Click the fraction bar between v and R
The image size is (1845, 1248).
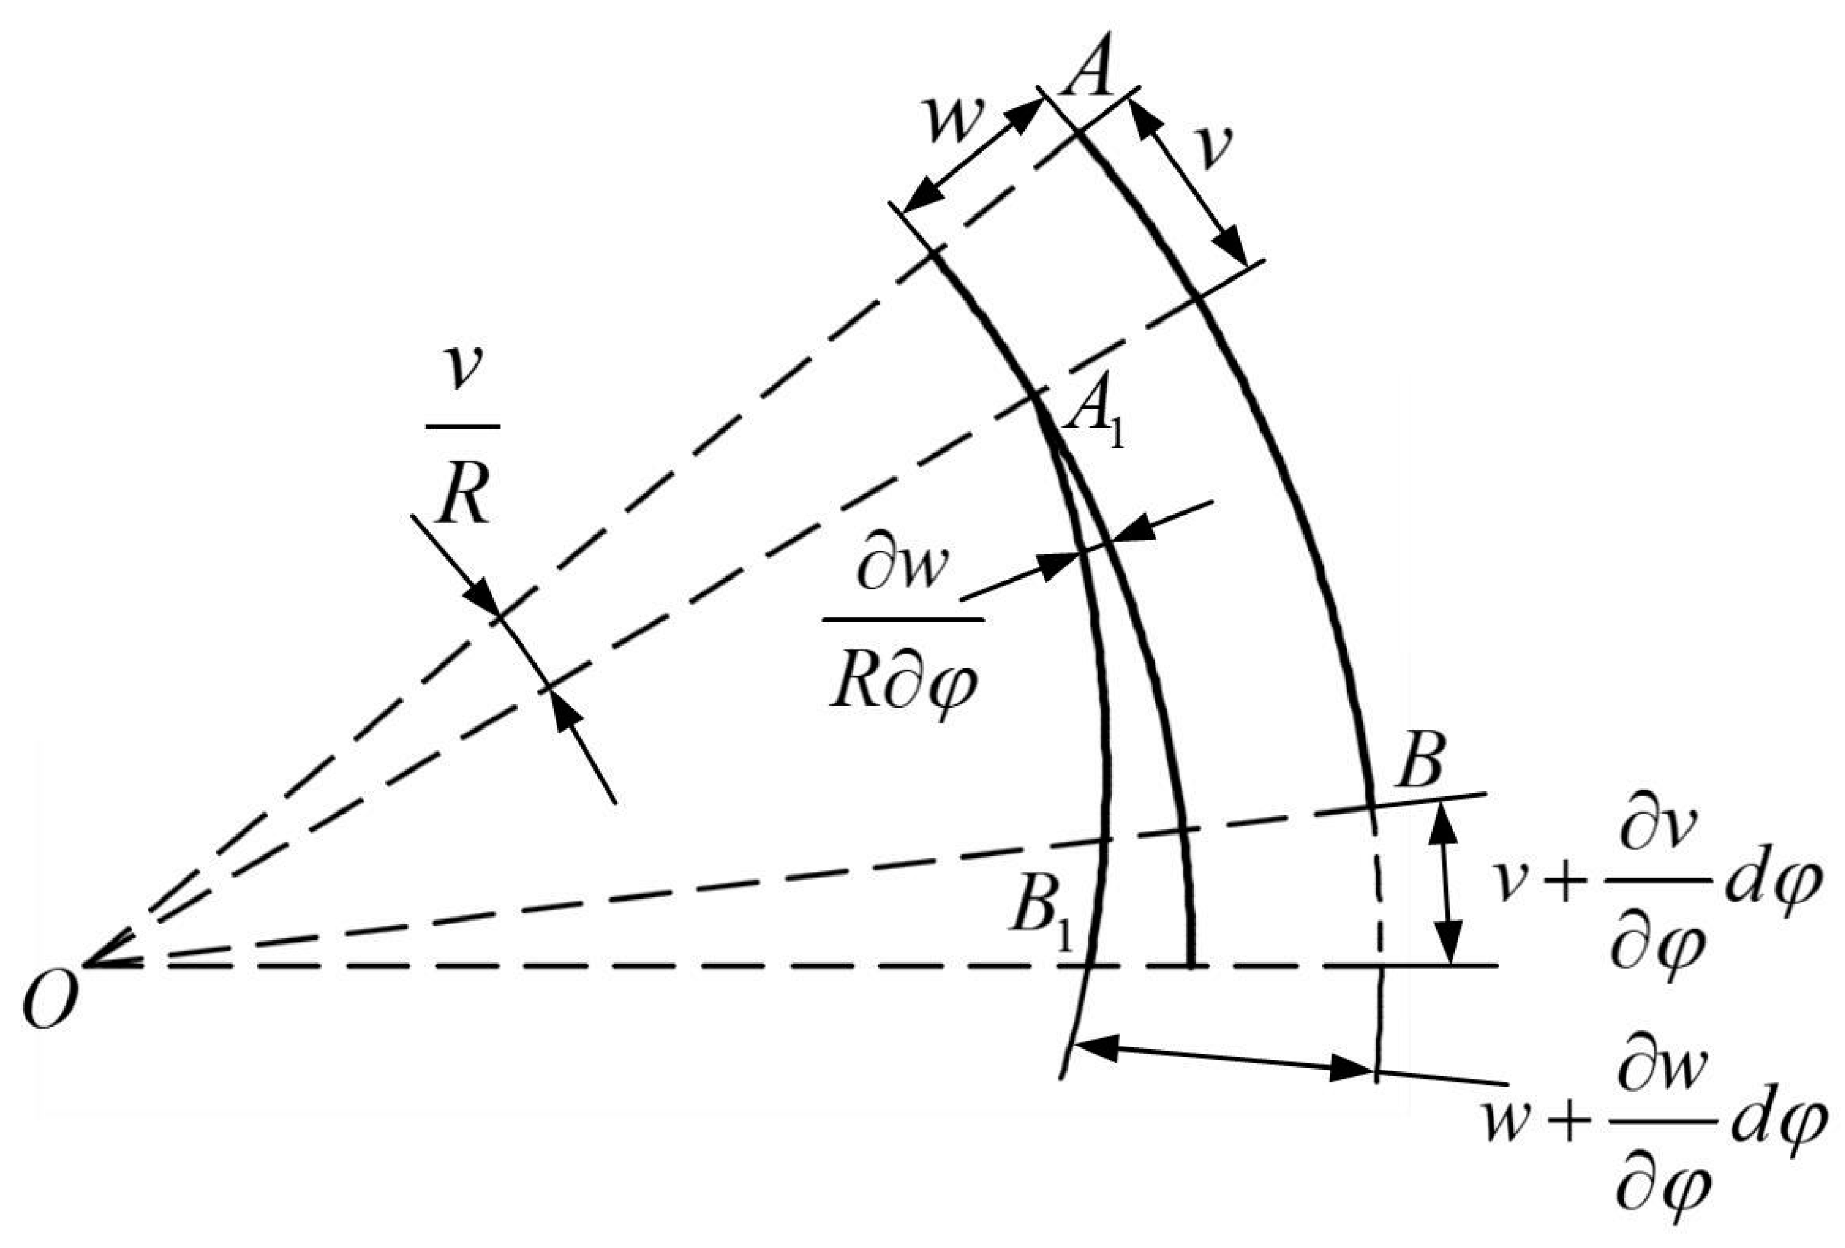click(x=463, y=427)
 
